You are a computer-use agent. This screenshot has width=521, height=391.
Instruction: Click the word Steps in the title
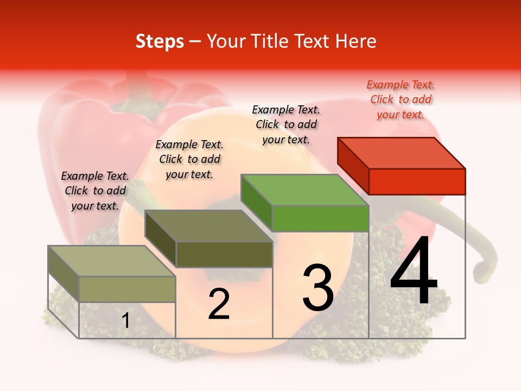click(x=160, y=41)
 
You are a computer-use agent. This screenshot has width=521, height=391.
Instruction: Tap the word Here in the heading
click(x=356, y=41)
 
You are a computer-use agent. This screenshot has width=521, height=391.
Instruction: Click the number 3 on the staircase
click(x=318, y=288)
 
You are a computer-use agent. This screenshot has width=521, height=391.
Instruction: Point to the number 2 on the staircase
click(x=219, y=304)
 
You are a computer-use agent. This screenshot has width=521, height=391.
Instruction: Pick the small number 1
click(x=126, y=321)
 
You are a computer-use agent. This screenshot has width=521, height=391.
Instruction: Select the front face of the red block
click(x=417, y=181)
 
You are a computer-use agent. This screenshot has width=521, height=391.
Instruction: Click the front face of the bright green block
click(x=320, y=218)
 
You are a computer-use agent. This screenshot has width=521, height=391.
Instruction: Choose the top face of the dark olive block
click(x=208, y=226)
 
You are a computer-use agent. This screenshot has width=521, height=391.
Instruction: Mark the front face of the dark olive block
click(x=224, y=254)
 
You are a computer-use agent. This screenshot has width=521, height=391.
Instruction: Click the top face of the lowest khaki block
click(x=112, y=261)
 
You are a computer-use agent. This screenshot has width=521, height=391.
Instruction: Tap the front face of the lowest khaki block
click(x=128, y=289)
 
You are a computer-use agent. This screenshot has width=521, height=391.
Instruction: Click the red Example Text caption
click(x=401, y=99)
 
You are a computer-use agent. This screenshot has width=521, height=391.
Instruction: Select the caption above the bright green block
click(x=286, y=124)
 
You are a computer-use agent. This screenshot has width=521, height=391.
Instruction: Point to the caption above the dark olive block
click(x=189, y=159)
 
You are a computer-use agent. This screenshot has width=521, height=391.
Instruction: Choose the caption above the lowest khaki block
click(x=95, y=191)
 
